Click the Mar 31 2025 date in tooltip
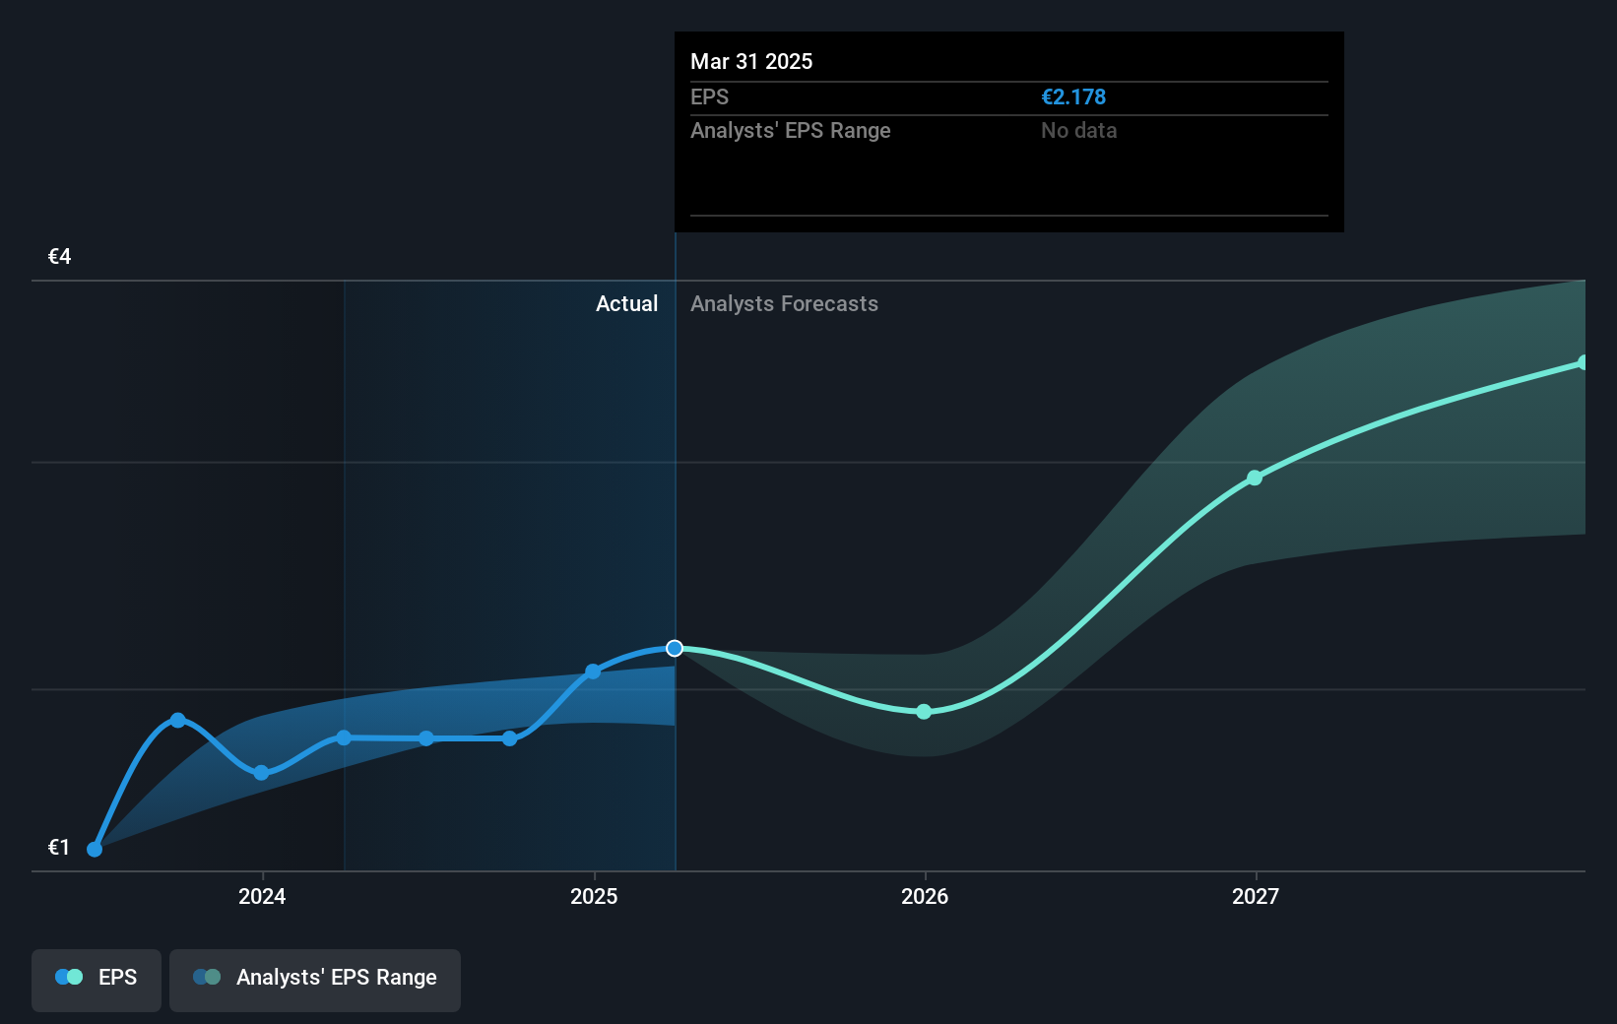tap(751, 61)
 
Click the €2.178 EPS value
tap(1073, 96)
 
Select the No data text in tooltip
tap(1078, 130)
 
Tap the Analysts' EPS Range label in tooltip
tap(790, 130)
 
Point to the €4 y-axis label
tap(59, 257)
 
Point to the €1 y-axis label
tap(59, 847)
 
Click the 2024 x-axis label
tap(262, 896)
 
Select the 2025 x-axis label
tap(594, 896)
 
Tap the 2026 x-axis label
tap(925, 896)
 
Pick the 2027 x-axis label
tap(1256, 896)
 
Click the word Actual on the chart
tap(626, 303)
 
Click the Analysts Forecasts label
tap(784, 303)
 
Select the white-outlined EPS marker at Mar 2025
tap(675, 648)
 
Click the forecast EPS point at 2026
tap(924, 712)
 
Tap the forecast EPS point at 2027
tap(1255, 478)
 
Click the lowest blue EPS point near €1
tap(95, 849)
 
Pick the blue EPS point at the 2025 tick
tap(593, 672)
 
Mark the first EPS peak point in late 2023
tap(178, 720)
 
